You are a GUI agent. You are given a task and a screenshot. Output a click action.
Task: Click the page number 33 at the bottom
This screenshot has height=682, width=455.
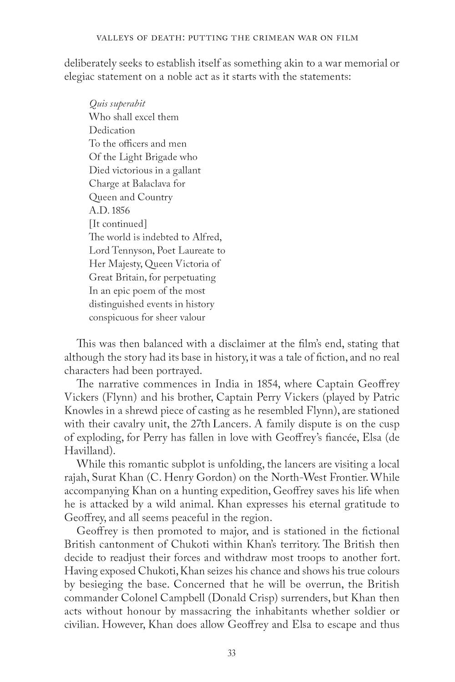(232, 654)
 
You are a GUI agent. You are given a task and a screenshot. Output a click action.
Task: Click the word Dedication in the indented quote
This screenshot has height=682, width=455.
(112, 130)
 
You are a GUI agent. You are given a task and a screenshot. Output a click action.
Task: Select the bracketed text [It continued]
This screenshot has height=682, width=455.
(118, 224)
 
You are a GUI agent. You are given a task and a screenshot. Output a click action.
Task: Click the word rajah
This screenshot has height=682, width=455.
(76, 478)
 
